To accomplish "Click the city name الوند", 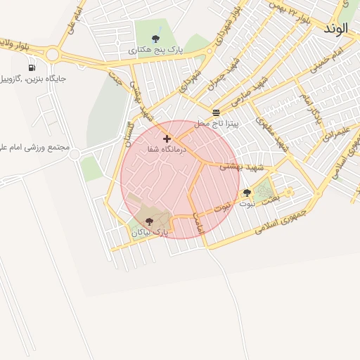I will click(340, 30).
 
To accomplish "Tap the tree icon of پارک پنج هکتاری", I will click(155, 39).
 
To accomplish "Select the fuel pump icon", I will click(32, 67).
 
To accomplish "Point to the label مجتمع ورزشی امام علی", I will click(33, 148).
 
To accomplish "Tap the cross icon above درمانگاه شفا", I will click(167, 139).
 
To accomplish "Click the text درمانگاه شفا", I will click(167, 150).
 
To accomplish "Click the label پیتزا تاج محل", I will click(217, 123).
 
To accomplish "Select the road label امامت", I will click(198, 226).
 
